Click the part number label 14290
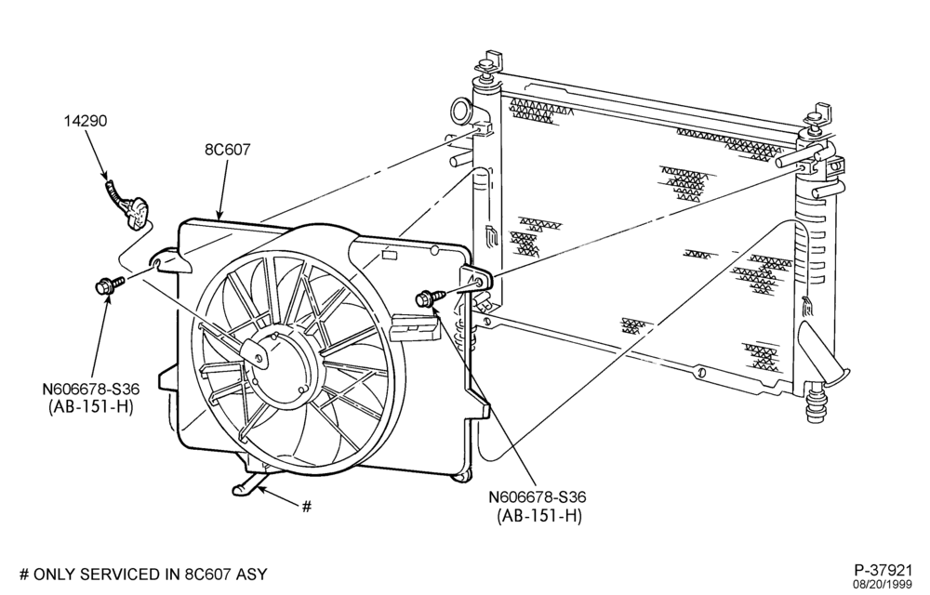click(x=86, y=121)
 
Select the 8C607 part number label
click(x=228, y=150)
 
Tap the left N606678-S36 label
click(x=91, y=390)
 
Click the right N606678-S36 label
click(x=538, y=497)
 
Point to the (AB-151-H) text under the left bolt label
click(x=91, y=407)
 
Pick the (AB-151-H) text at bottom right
click(x=538, y=516)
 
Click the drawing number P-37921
click(x=883, y=570)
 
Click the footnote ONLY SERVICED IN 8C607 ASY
click(x=150, y=575)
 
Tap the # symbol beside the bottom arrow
click(x=306, y=507)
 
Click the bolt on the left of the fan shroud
click(x=110, y=284)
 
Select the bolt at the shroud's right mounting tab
click(x=432, y=297)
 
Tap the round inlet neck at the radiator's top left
click(x=461, y=111)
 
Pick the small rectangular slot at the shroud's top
click(x=390, y=256)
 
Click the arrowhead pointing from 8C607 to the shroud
click(x=219, y=214)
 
